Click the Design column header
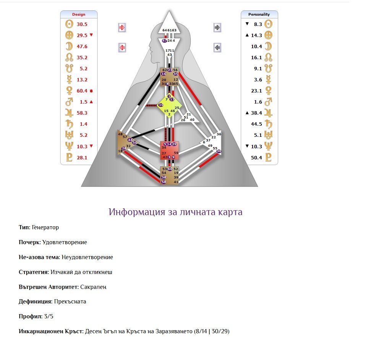[79, 15]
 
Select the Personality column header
[259, 15]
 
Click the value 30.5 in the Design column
[82, 24]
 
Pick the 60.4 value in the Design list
[82, 91]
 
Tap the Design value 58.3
[82, 113]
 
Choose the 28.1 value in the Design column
[82, 157]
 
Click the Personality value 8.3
[258, 24]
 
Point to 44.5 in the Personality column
[256, 124]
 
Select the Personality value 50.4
[256, 157]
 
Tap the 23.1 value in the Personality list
[256, 91]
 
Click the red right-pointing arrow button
[122, 28]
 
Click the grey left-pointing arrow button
[217, 48]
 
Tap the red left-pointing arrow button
[122, 48]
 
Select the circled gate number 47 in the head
[165, 41]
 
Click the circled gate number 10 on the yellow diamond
[161, 105]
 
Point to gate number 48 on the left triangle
[120, 134]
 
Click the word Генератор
[45, 227]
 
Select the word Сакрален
[93, 287]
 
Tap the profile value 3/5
[48, 316]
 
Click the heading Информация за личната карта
[175, 212]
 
